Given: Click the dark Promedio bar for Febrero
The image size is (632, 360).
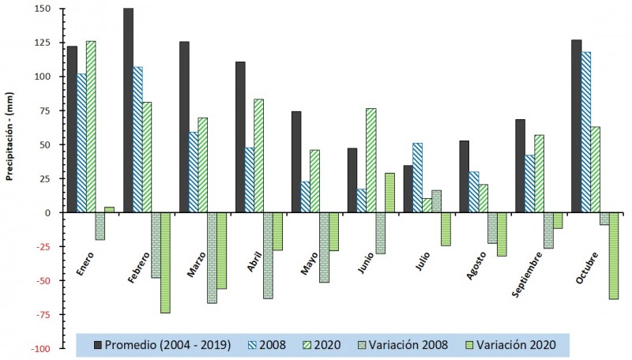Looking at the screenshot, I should click(129, 111).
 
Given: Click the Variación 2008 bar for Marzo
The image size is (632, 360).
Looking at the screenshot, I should click(212, 258).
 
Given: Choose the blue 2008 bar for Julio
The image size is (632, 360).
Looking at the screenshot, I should click(417, 178).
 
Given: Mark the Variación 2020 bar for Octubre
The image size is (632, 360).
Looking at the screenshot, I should click(614, 256).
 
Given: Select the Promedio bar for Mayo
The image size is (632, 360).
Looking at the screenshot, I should click(296, 162).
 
